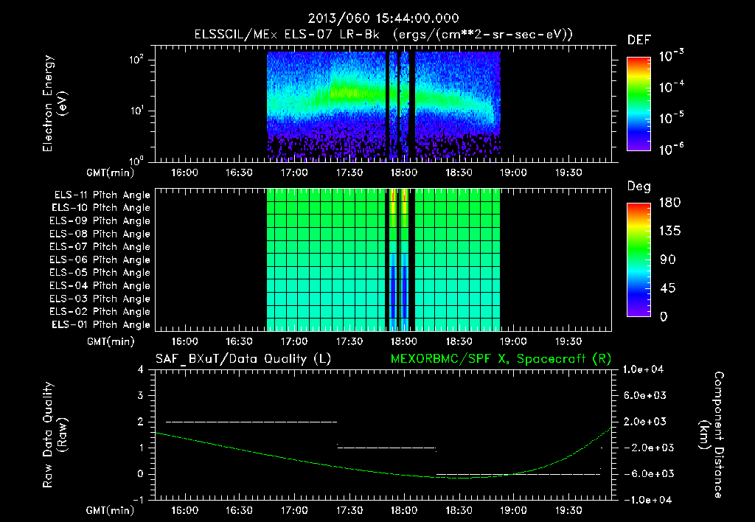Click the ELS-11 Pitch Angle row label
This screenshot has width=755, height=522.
[x=102, y=195]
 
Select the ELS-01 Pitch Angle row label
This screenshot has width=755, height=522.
[x=102, y=324]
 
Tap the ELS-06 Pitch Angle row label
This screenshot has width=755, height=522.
[x=102, y=260]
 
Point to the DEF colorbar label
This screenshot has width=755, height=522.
[x=639, y=40]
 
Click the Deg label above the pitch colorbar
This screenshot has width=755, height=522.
[x=639, y=187]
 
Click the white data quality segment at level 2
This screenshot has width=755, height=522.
[x=251, y=422]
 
